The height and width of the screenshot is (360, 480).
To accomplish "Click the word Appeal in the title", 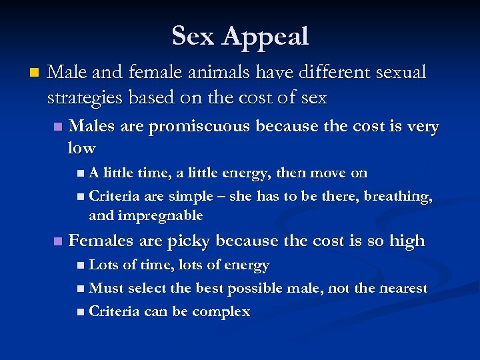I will [x=266, y=37].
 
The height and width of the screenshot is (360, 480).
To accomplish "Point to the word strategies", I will [x=84, y=97].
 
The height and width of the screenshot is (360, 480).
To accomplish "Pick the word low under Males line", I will [x=81, y=147].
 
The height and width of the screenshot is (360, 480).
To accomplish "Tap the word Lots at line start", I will [x=103, y=265].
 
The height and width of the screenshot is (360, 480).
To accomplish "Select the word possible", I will [x=253, y=288].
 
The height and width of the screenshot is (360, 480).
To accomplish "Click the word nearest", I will [x=402, y=288].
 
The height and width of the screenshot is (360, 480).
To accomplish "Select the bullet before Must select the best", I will [x=81, y=289].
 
